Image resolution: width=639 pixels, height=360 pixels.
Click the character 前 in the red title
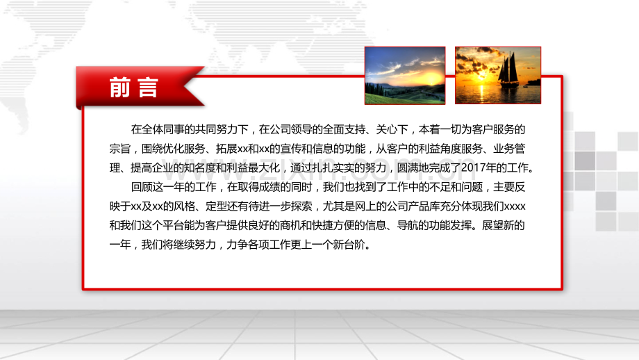coord(119,88)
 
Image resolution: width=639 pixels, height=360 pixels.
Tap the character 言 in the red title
coord(149,88)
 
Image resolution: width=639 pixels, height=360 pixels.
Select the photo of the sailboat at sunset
coord(497,76)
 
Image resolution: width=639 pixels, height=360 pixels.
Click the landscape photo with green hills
coord(405,76)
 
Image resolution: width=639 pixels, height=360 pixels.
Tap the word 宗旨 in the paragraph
coord(120,148)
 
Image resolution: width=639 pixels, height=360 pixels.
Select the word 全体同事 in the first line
coord(163,129)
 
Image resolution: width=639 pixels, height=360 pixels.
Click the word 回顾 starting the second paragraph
coord(141,187)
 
